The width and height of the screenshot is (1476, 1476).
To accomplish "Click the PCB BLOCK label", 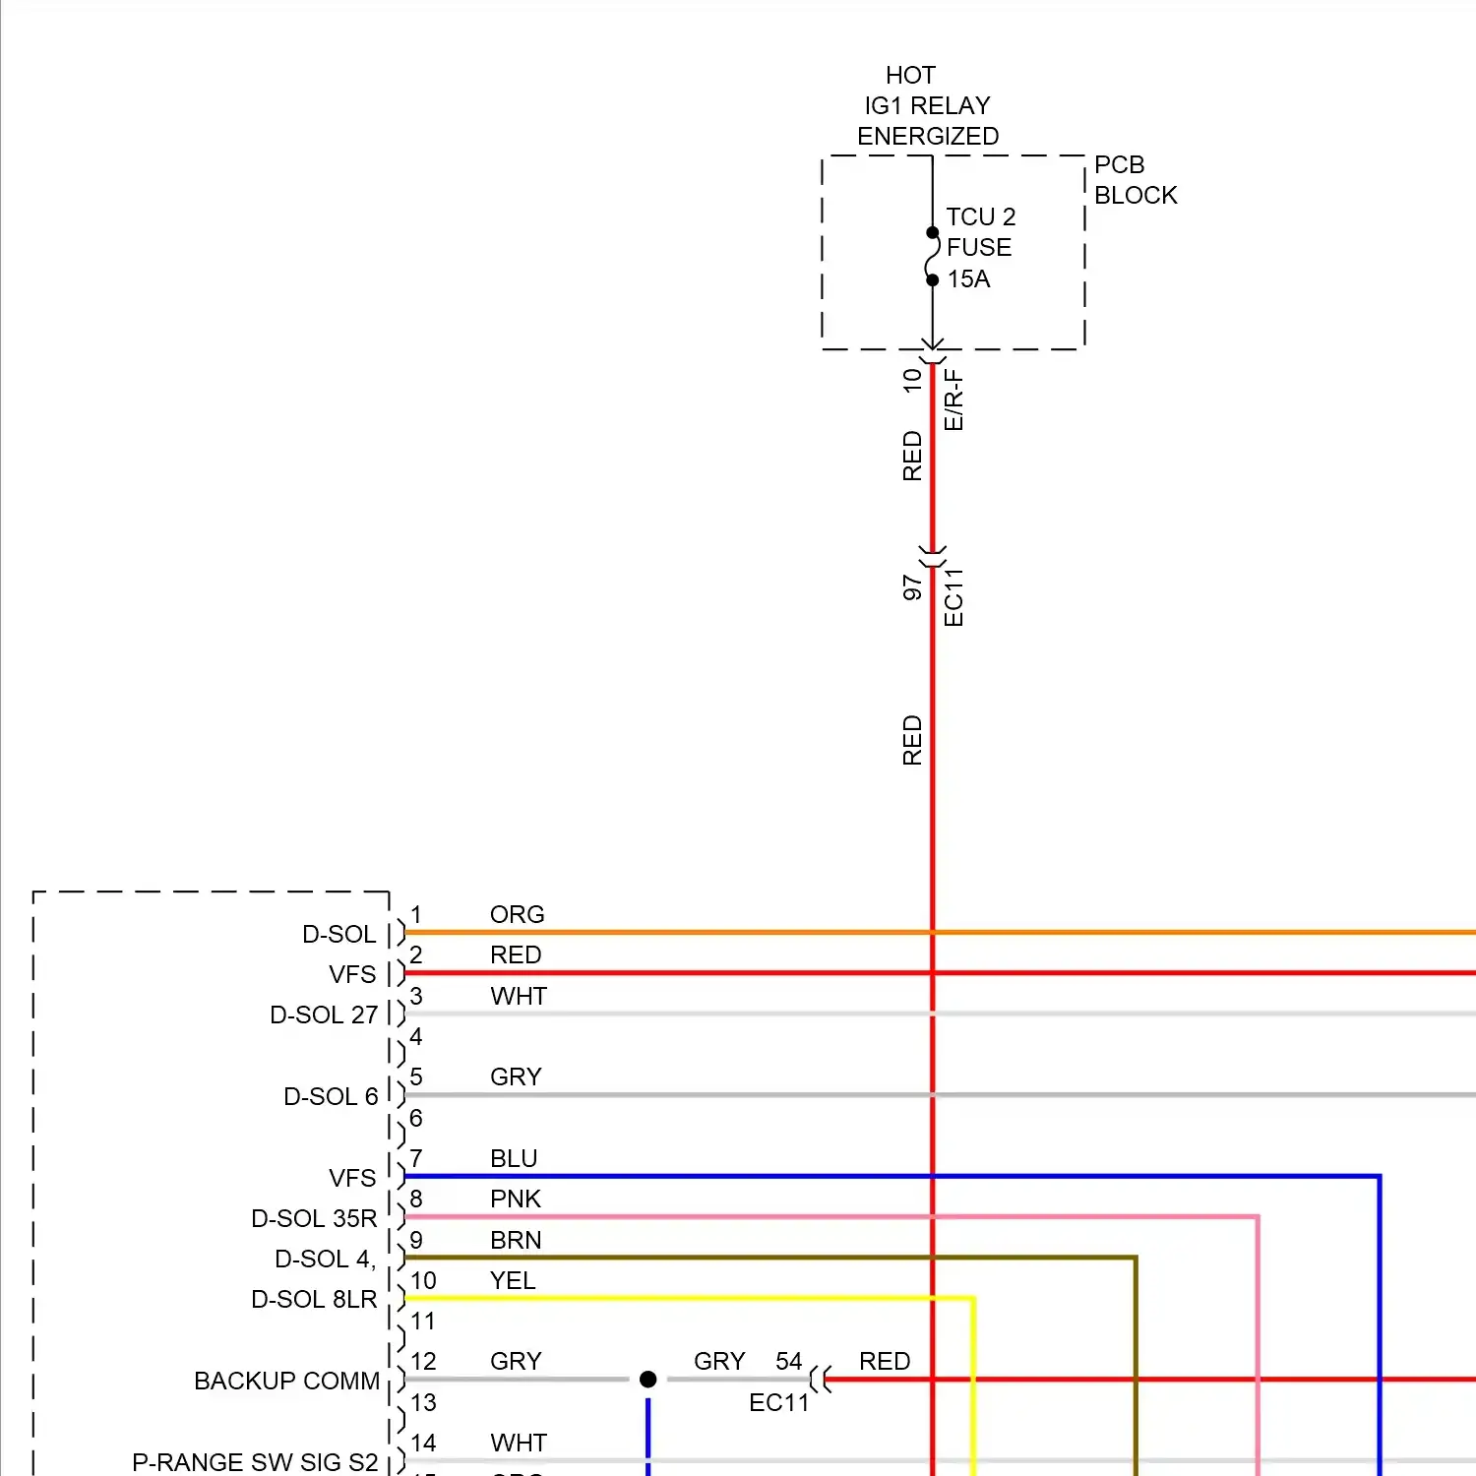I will [1135, 180].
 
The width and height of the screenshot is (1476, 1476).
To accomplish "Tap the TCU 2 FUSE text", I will [979, 232].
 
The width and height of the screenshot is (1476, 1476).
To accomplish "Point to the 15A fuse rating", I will [968, 279].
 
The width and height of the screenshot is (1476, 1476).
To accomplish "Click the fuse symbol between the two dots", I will [932, 257].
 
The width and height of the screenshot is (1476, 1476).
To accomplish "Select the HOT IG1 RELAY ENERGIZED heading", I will [927, 105].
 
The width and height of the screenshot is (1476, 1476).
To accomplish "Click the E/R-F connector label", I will [953, 400].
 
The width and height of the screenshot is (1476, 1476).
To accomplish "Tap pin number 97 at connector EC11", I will [912, 587].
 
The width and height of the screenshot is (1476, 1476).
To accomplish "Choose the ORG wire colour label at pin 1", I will [517, 914].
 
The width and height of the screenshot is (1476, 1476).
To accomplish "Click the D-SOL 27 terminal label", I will [324, 1015].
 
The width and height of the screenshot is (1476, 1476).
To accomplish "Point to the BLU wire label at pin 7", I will [514, 1158].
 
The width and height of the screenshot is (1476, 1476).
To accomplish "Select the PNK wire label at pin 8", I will [516, 1199].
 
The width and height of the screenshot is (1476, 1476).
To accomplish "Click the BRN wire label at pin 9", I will [516, 1240].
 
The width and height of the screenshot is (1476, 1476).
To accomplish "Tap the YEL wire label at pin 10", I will [513, 1280].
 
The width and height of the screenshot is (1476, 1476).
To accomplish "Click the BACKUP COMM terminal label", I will [286, 1381].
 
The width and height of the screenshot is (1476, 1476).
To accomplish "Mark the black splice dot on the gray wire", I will [647, 1380].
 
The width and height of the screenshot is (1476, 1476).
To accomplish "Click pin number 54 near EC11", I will [788, 1361].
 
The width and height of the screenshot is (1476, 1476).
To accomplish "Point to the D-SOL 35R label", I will [314, 1218].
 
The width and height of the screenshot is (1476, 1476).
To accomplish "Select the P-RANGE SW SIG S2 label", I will [255, 1462].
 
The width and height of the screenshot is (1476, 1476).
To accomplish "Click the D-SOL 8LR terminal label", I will [314, 1299].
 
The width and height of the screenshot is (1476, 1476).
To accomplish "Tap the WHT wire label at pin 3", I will [519, 996].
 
